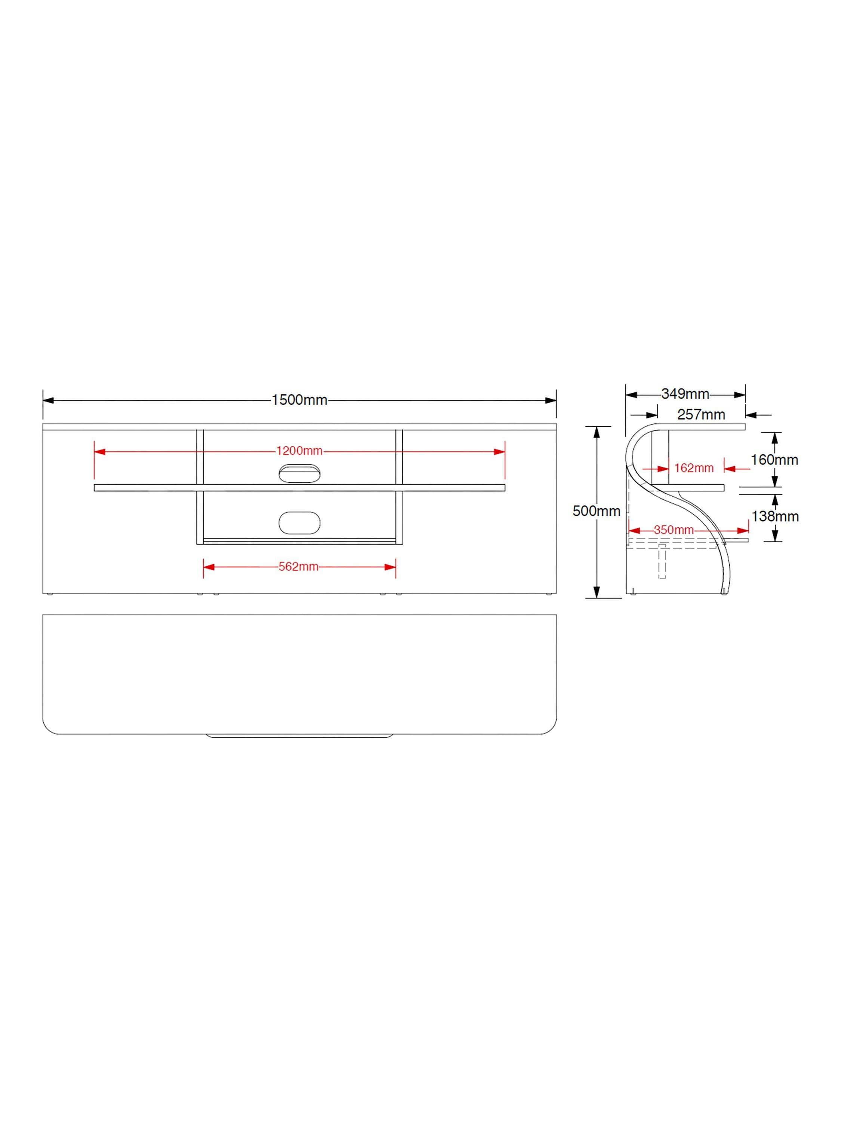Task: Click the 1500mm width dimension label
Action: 299,400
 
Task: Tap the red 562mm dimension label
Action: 299,567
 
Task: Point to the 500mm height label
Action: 596,511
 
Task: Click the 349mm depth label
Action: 685,393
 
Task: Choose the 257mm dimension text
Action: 701,414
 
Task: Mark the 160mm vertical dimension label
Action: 774,460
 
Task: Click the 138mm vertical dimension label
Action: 774,516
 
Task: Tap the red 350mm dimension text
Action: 674,530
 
